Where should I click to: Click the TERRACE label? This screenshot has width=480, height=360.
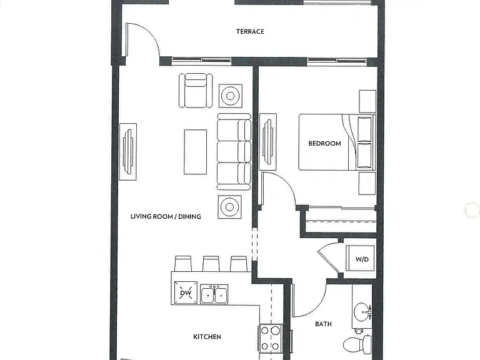click(250, 31)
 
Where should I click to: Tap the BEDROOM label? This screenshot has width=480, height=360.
click(324, 144)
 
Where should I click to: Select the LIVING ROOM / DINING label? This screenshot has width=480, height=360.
click(166, 217)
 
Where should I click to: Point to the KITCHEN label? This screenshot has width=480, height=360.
click(207, 337)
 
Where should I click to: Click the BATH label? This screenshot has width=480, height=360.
click(323, 324)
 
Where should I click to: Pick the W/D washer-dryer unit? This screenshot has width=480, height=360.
click(360, 258)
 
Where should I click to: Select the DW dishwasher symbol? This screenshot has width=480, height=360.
click(186, 292)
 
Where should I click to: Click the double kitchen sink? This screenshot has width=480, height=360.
click(214, 294)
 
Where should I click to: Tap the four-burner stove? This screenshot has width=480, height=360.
click(271, 338)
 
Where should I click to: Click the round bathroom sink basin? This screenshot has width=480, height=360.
click(361, 312)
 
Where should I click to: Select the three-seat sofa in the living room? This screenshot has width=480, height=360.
click(234, 151)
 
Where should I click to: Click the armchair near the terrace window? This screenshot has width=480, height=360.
click(196, 91)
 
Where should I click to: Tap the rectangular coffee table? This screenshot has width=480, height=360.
click(195, 152)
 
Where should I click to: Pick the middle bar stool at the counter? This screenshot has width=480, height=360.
click(211, 264)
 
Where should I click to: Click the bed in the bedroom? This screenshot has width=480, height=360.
click(337, 142)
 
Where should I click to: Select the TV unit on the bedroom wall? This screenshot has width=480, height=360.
click(268, 142)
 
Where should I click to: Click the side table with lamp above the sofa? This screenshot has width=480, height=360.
click(231, 96)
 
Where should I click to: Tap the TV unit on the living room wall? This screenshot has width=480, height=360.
click(128, 152)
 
